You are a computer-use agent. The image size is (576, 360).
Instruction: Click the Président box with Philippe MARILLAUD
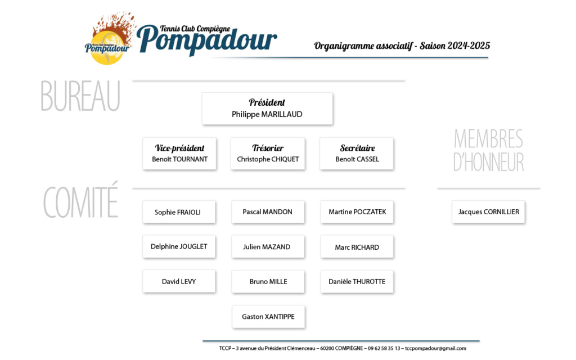(x=267, y=109)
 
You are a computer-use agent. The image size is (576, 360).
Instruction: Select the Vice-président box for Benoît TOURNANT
(x=179, y=154)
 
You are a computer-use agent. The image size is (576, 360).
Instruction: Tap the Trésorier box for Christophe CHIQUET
(x=268, y=154)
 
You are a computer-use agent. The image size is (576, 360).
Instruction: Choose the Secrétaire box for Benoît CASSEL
(x=357, y=154)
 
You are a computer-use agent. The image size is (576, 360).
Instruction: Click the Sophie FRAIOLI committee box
(x=179, y=212)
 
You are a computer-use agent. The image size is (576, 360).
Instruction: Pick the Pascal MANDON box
(x=268, y=212)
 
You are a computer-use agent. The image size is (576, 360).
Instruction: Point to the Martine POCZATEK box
(x=357, y=212)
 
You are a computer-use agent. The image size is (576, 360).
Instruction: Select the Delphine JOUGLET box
(x=179, y=246)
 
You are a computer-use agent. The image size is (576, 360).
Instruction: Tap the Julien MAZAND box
(x=268, y=246)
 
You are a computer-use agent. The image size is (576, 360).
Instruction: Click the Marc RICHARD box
(x=357, y=246)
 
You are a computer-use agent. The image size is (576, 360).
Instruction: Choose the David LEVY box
(x=179, y=281)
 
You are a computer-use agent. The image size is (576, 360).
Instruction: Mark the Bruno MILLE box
(x=268, y=281)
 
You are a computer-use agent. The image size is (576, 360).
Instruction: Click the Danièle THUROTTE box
(x=357, y=281)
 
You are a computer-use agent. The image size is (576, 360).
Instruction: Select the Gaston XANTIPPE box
(x=268, y=317)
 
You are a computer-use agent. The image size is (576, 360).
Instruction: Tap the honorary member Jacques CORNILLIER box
(x=489, y=212)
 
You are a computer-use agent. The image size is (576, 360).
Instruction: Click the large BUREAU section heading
(x=80, y=96)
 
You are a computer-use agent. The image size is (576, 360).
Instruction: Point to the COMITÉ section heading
(x=81, y=200)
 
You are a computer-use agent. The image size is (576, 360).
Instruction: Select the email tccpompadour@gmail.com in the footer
(x=436, y=348)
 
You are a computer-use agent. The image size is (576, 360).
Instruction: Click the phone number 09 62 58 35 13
(x=384, y=348)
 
